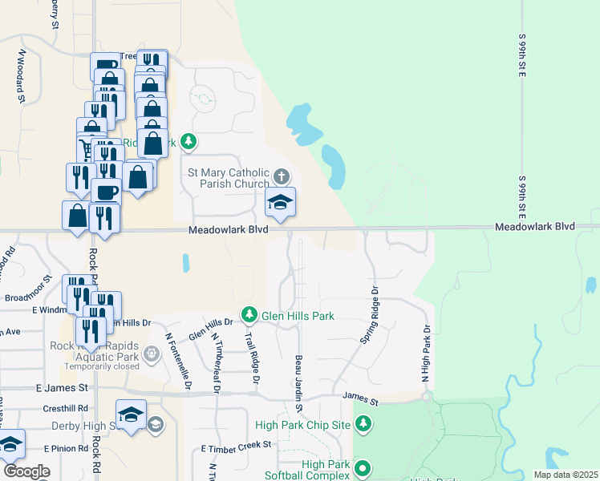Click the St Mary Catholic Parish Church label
pyautogui.click(x=228, y=177)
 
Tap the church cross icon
pyautogui.click(x=281, y=176)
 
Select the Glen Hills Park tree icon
pyautogui.click(x=249, y=315)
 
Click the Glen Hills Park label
pyautogui.click(x=298, y=316)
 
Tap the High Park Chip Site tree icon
pyautogui.click(x=363, y=422)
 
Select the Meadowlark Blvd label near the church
pyautogui.click(x=229, y=230)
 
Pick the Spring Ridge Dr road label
pyautogui.click(x=370, y=315)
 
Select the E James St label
pyautogui.click(x=62, y=388)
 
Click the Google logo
pyautogui.click(x=26, y=471)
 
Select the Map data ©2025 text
pyautogui.click(x=565, y=475)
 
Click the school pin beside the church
pyautogui.click(x=280, y=203)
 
